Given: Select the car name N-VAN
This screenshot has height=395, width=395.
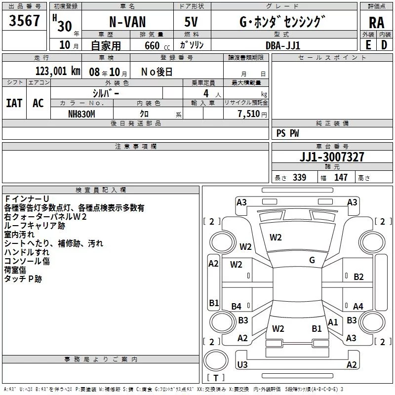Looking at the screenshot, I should [127, 23].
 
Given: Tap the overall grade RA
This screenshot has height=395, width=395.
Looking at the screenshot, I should [376, 22].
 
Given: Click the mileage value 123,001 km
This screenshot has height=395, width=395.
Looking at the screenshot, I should [58, 71].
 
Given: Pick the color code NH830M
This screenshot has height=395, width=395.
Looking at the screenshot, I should [82, 114].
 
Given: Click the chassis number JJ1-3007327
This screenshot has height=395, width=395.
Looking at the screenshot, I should [332, 158].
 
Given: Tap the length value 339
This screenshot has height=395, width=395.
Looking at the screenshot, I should [299, 178].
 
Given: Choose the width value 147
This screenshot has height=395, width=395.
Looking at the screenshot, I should [341, 178].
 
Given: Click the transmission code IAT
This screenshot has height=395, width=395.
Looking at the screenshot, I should [14, 103].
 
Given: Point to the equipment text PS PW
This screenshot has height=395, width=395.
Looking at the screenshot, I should [287, 133].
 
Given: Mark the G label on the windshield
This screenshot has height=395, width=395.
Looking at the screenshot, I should [312, 260].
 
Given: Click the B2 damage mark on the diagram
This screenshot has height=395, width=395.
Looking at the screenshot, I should [359, 277].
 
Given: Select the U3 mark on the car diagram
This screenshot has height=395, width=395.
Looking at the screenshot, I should [242, 365].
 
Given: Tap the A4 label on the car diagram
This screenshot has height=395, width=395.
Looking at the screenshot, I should [358, 307].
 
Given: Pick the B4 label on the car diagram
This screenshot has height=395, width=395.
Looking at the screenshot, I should [237, 307].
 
